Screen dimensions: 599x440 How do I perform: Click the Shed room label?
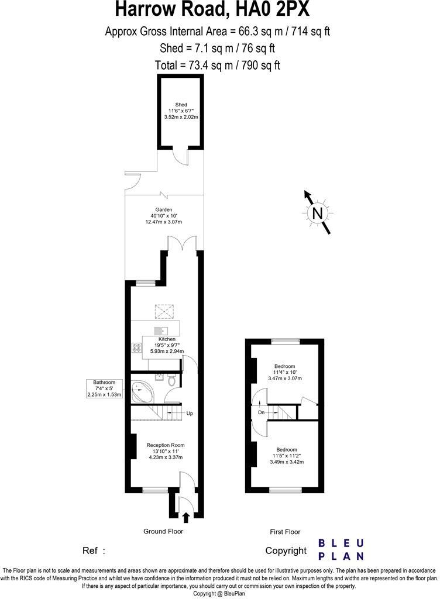(x=181, y=105)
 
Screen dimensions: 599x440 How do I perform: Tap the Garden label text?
(x=164, y=209)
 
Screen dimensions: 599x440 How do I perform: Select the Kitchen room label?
(x=167, y=339)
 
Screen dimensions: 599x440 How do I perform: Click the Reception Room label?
(x=165, y=445)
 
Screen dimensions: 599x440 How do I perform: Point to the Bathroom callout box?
(x=105, y=388)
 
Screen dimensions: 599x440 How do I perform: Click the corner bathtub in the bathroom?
(x=140, y=391)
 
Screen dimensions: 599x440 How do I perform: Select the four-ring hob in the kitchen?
(x=137, y=348)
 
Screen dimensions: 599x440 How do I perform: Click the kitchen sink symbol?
(x=161, y=329)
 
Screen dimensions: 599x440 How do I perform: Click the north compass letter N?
(x=318, y=214)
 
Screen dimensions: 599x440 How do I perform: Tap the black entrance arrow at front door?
(x=186, y=517)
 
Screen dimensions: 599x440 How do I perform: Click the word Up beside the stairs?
(x=189, y=414)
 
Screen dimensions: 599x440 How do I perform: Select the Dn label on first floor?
(x=261, y=412)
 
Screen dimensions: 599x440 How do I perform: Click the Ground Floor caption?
(x=163, y=531)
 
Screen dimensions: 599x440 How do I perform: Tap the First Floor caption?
(x=285, y=532)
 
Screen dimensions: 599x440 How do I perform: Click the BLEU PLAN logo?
(x=341, y=550)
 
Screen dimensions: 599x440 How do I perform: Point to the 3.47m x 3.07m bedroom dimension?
(x=285, y=379)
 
